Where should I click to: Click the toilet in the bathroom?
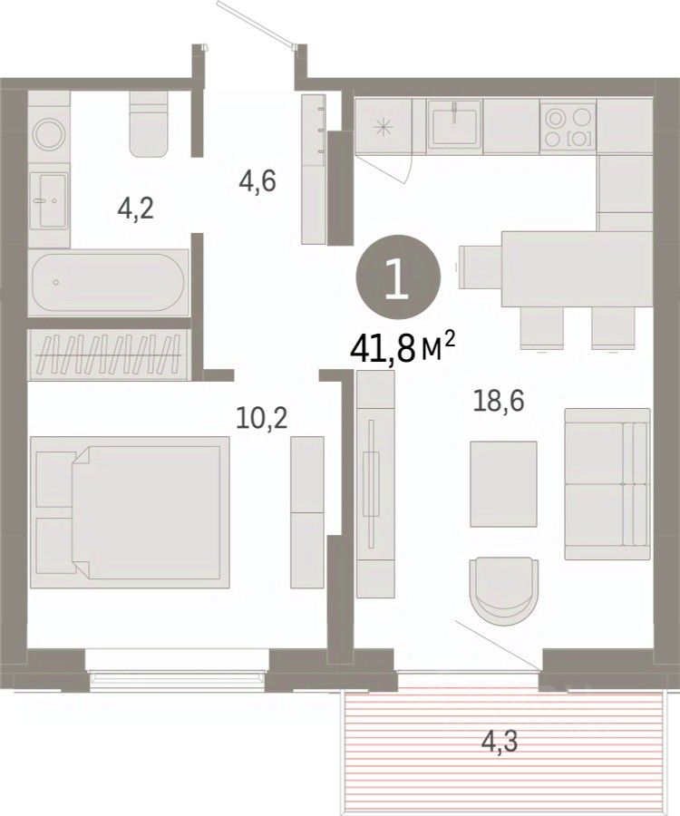pyautogui.click(x=150, y=124)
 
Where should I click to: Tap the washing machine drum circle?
pyautogui.click(x=49, y=135)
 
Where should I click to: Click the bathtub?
pyautogui.click(x=108, y=282)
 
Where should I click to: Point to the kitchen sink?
pyautogui.click(x=454, y=126)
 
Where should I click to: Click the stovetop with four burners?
pyautogui.click(x=568, y=126)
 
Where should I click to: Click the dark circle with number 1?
pyautogui.click(x=398, y=277)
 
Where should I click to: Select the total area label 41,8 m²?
pyautogui.click(x=403, y=349)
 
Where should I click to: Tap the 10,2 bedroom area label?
pyautogui.click(x=261, y=417)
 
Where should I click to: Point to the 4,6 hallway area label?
pyautogui.click(x=257, y=181)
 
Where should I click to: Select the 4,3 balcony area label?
pyautogui.click(x=499, y=741)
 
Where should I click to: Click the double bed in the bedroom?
pyautogui.click(x=130, y=512)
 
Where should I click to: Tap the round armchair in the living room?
pyautogui.click(x=503, y=592)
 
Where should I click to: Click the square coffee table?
pyautogui.click(x=503, y=484)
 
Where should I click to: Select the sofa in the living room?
pyautogui.click(x=607, y=484)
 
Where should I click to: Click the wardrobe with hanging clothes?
pyautogui.click(x=109, y=355)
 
